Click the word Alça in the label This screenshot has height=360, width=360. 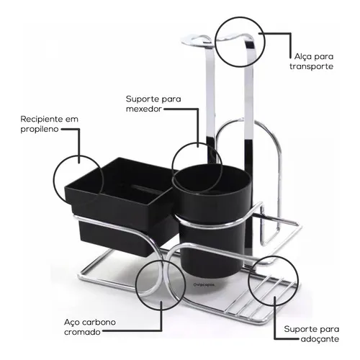(x=302, y=57)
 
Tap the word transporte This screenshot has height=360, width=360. (x=311, y=66)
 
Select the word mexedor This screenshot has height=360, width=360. (x=144, y=109)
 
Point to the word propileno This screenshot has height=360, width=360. (x=40, y=130)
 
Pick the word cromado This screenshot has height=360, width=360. (x=82, y=332)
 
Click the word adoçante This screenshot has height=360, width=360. (x=320, y=339)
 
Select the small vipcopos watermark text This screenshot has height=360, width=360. (x=204, y=285)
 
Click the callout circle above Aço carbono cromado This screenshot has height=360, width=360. (x=135, y=284)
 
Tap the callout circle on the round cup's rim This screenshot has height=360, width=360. (x=172, y=168)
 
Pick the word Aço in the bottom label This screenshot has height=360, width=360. (x=72, y=323)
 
